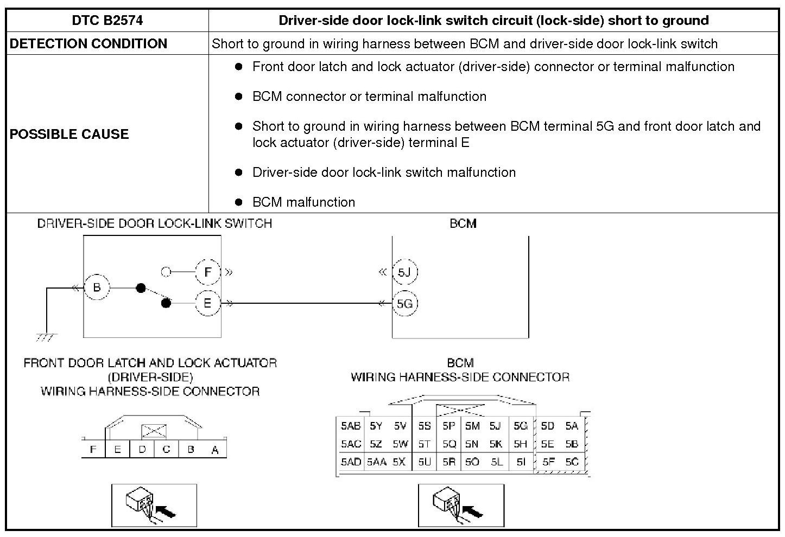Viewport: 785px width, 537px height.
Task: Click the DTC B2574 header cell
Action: (x=107, y=21)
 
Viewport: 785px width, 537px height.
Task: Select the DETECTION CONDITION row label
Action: (x=88, y=44)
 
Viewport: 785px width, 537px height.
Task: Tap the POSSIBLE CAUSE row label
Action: (x=69, y=134)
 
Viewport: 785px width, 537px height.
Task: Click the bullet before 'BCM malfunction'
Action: (x=238, y=202)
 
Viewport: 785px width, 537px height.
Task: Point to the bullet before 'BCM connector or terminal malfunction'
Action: (x=238, y=96)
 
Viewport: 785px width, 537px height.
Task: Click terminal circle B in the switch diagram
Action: (x=97, y=287)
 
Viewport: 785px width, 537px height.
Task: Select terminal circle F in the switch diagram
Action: (x=207, y=272)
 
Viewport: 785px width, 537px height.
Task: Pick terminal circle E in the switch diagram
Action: (x=207, y=303)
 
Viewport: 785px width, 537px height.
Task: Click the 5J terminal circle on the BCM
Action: (x=404, y=272)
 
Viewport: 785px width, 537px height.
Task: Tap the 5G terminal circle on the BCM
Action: (x=404, y=304)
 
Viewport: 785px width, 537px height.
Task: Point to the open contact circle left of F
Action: (x=167, y=272)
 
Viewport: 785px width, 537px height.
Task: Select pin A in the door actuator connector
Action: (x=215, y=450)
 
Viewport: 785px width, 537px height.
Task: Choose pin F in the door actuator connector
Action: (x=93, y=450)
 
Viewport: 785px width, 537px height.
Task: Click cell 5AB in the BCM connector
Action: (x=351, y=426)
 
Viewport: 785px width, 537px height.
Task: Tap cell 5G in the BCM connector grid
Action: (x=520, y=426)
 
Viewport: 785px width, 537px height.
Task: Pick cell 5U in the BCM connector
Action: (x=424, y=462)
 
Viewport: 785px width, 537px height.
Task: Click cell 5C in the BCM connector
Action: (x=572, y=462)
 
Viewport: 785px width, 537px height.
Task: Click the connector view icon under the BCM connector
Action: (x=461, y=505)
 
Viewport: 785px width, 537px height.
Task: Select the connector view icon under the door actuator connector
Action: (x=154, y=505)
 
